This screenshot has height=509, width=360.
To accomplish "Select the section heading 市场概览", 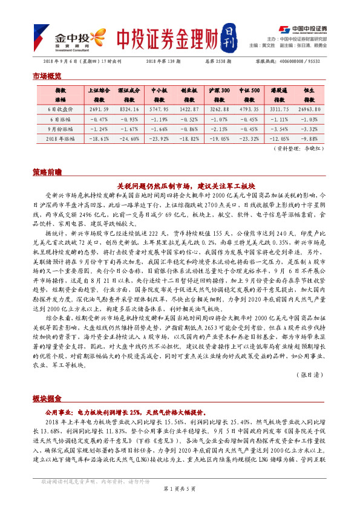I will (x=47, y=76).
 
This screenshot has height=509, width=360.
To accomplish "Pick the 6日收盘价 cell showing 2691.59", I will (x=98, y=109).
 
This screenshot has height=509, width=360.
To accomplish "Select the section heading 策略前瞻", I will (x=47, y=172).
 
